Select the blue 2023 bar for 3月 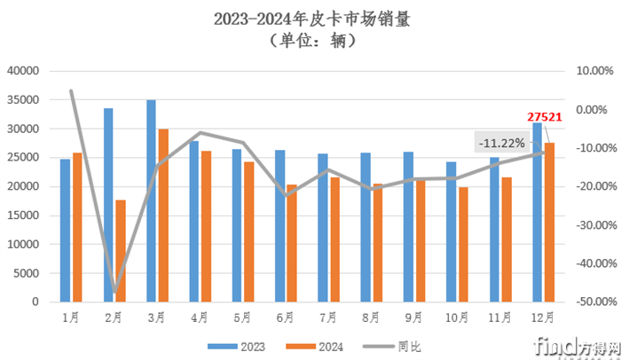point(151,200)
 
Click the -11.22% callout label point(501,142)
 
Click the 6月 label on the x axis point(285,316)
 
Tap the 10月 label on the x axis point(456,316)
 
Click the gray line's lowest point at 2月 point(114,292)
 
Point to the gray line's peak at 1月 point(71,90)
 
